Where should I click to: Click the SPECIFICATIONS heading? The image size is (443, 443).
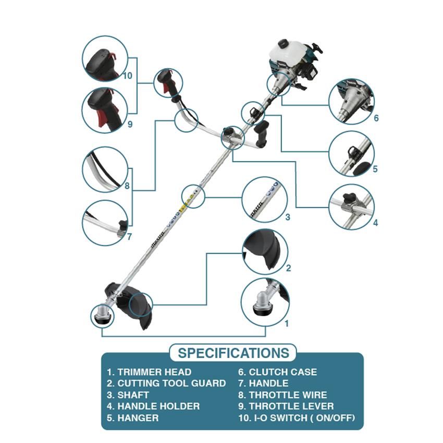233,353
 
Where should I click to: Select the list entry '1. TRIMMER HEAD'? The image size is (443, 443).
149,372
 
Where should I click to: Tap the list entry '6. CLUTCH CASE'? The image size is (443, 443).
277,372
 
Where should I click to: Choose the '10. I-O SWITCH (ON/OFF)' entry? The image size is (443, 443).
297,418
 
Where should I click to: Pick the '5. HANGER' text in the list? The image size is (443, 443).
133,418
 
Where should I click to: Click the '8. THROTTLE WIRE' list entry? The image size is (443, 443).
282,395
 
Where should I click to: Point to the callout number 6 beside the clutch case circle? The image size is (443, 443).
376,118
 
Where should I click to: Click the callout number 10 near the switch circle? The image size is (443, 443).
127,76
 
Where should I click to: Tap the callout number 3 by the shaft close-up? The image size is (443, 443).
288,217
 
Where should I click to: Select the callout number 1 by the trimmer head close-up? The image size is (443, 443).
287,324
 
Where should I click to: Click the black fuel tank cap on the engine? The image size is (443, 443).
283,43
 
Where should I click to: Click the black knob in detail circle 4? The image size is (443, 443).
349,197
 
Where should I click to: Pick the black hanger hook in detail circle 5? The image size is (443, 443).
353,153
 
